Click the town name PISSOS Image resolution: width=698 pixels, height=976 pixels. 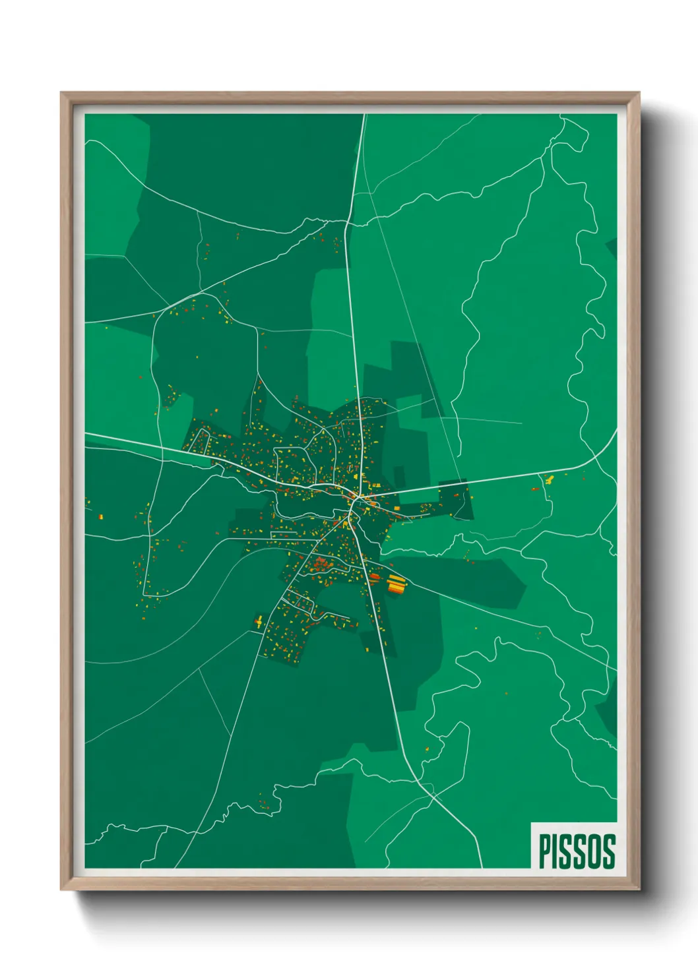[577, 851]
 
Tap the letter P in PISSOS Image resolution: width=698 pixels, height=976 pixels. [545, 851]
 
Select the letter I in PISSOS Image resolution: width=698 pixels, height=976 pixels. [558, 851]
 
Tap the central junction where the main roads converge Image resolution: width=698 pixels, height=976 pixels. [354, 501]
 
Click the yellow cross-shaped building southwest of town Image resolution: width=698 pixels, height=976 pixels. [259, 620]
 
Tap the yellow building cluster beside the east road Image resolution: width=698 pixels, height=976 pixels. [548, 479]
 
